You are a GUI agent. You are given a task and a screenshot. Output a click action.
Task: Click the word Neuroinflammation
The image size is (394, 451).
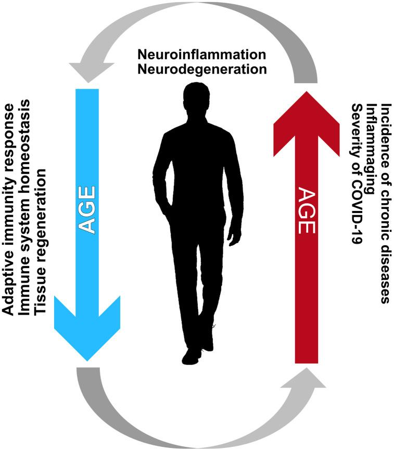(201, 55)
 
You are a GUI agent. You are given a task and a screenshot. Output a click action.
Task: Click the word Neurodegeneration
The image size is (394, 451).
(201, 69)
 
